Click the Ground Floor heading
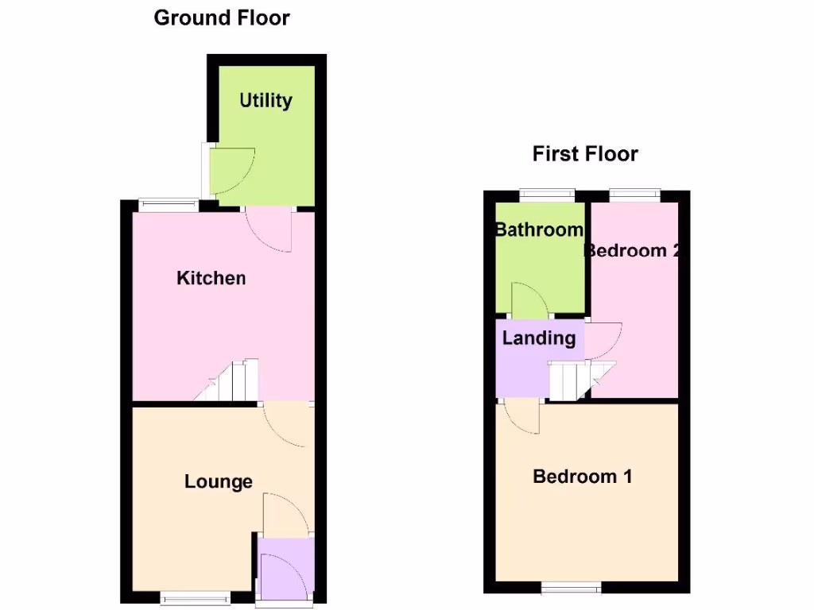222,17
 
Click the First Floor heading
585,153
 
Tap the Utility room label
266,101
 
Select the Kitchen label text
211,278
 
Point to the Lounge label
219,481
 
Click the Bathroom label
539,230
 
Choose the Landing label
539,338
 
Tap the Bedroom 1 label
583,477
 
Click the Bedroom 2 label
633,251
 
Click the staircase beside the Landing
580,380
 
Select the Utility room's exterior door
231,172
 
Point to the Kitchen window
168,204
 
